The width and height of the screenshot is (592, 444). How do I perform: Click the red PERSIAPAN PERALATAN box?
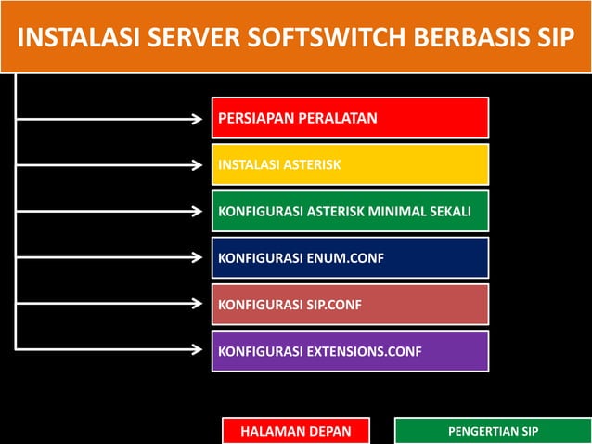(x=351, y=118)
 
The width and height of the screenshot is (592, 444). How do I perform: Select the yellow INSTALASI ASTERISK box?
(x=351, y=165)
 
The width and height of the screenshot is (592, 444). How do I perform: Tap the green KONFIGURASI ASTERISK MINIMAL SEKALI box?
(x=351, y=212)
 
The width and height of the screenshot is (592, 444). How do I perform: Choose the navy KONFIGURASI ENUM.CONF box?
(x=351, y=257)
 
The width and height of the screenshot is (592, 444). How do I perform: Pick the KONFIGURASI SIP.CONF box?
(x=351, y=304)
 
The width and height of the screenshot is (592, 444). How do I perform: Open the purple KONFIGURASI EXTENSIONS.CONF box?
(x=351, y=351)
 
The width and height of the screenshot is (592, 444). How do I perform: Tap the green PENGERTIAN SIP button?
(x=493, y=432)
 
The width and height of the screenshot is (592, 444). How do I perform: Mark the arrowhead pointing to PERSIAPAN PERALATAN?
(x=197, y=118)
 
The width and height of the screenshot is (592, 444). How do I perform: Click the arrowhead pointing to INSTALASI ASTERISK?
(x=197, y=165)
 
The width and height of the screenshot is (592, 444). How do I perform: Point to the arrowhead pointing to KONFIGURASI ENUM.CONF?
(x=197, y=257)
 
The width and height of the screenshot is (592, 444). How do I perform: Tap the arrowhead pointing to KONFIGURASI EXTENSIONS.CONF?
(x=197, y=350)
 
